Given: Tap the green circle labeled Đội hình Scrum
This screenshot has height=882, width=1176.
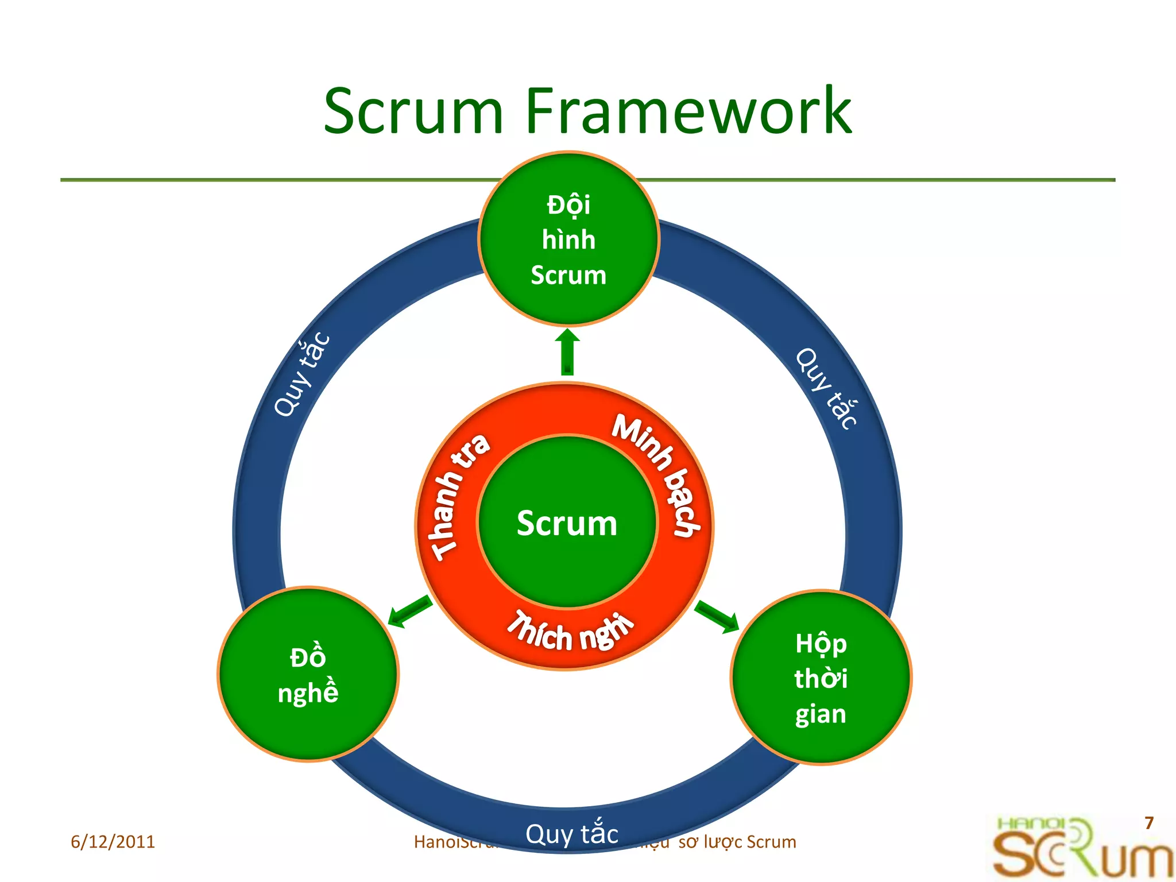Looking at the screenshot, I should pos(568,239).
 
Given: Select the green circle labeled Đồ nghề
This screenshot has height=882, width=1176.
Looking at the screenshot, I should pos(308,674).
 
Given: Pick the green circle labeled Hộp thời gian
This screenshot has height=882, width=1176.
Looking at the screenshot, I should pos(821,678).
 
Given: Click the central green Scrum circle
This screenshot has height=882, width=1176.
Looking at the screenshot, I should pos(567,523).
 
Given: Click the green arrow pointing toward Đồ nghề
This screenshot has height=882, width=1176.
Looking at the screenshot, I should pos(410,612).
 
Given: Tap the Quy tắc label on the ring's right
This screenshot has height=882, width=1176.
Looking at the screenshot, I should pos(827,388).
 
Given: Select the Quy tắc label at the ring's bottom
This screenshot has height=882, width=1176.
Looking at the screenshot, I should pos(572,834).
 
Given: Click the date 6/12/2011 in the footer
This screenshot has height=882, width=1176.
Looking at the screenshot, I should pos(113,842).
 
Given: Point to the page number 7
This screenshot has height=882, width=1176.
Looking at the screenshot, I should pos(1148,823).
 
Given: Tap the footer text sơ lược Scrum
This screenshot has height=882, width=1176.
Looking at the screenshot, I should pos(737,842).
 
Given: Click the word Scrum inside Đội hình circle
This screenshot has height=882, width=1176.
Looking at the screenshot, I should pos(568,275).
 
